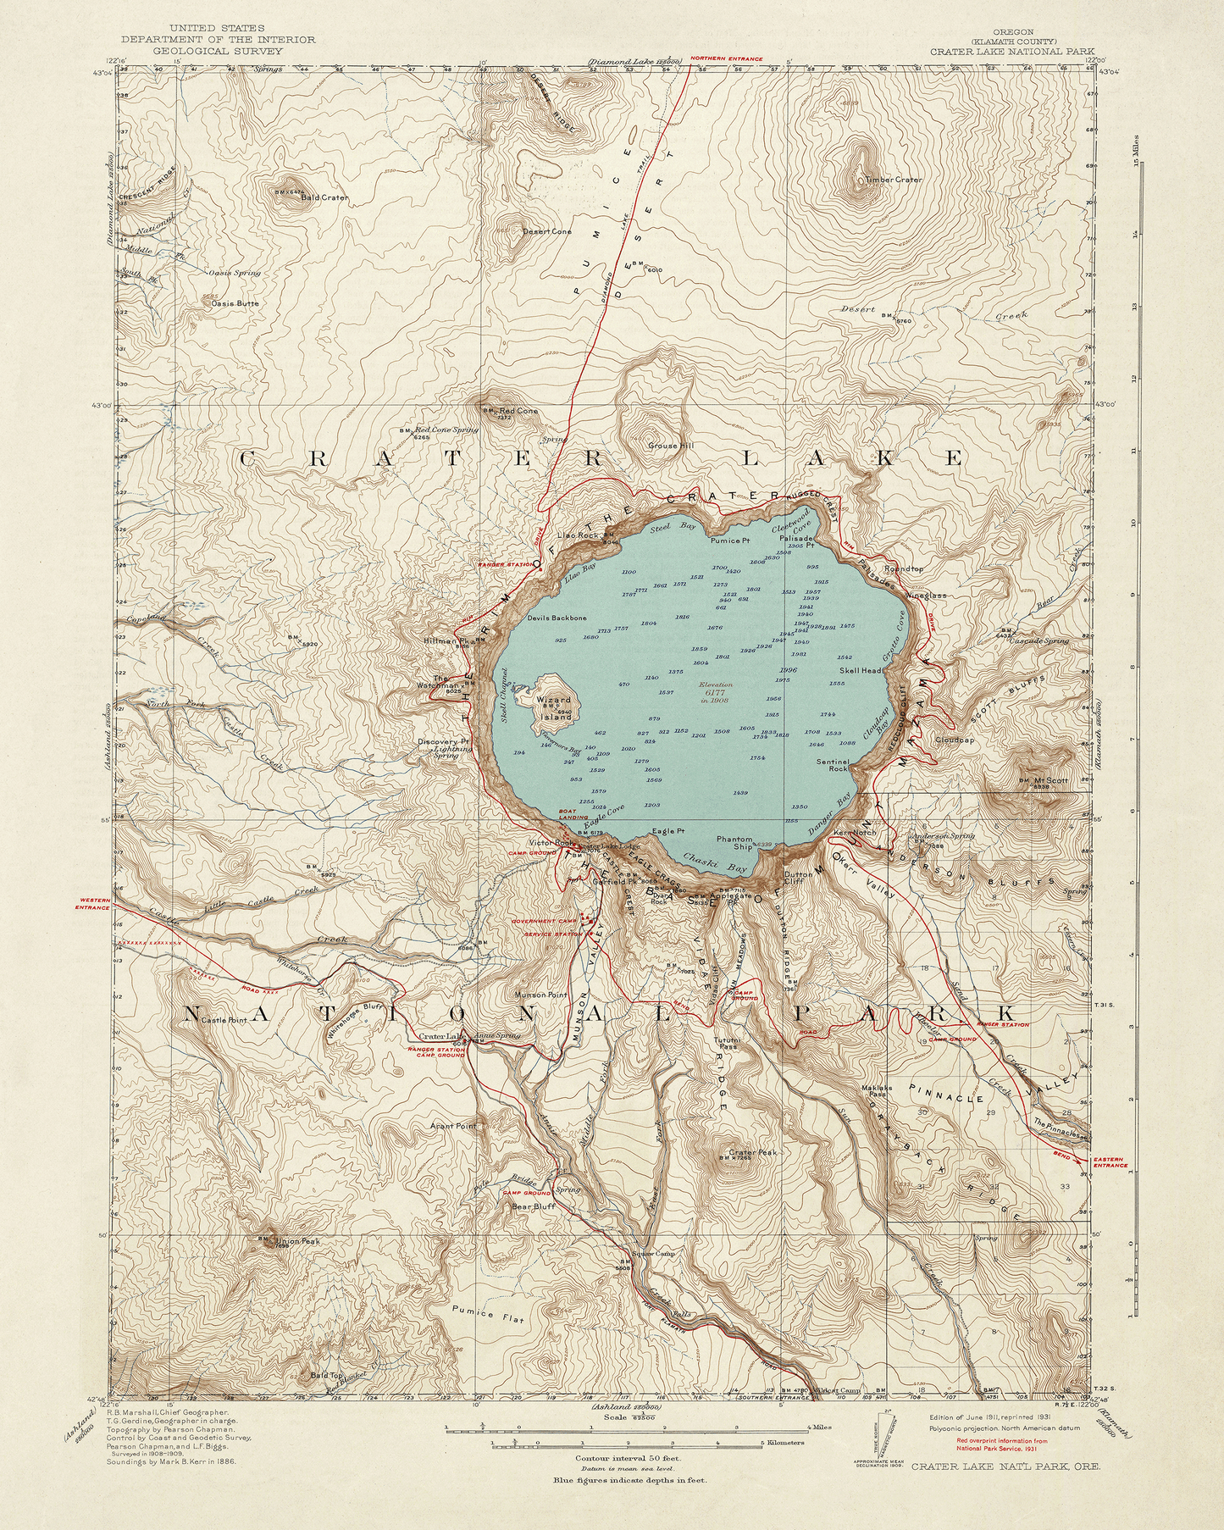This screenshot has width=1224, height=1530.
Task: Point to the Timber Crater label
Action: point(893,180)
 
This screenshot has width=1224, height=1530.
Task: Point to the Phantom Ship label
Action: point(734,842)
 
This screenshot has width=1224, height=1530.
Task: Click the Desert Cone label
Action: point(546,231)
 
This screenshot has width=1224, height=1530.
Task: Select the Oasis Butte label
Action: point(235,302)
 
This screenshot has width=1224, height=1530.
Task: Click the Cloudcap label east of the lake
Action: point(955,740)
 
